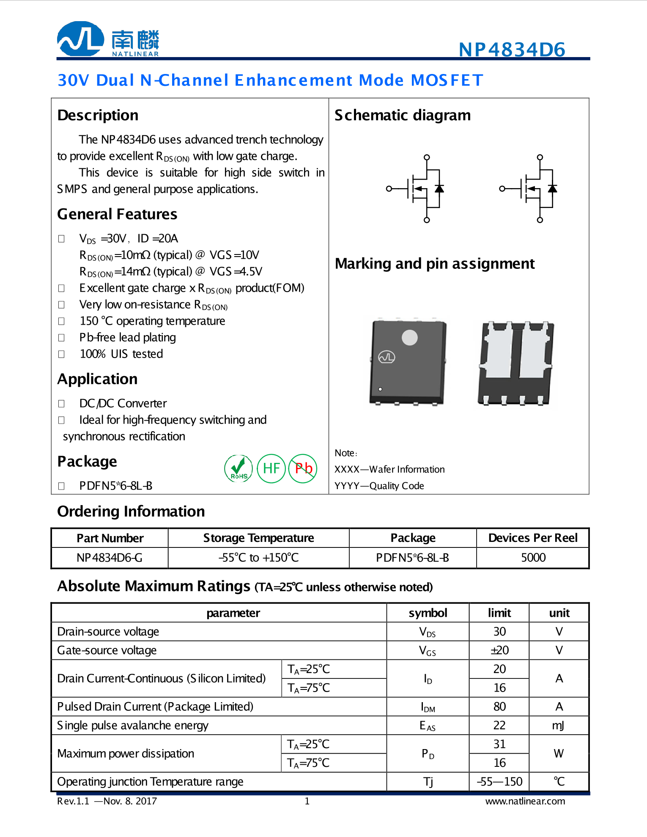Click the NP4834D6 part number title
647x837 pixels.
click(x=512, y=49)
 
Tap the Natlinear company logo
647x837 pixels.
click(x=108, y=39)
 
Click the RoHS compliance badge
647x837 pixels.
click(x=239, y=468)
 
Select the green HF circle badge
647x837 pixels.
click(x=271, y=468)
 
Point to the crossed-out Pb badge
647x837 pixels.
click(x=303, y=468)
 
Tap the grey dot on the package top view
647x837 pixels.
click(x=409, y=337)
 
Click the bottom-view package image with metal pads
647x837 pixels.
click(x=516, y=363)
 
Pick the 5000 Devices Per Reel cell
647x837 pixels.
click(x=533, y=558)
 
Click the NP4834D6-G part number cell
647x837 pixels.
click(x=110, y=558)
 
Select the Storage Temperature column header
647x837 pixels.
click(x=258, y=538)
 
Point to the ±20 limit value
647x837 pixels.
click(x=499, y=650)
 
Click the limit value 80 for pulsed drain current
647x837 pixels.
click(x=499, y=706)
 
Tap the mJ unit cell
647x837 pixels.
click(x=559, y=725)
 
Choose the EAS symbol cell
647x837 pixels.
click(x=428, y=725)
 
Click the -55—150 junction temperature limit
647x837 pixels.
click(x=499, y=782)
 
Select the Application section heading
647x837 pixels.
click(x=98, y=379)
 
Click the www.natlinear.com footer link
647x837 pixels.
click(x=525, y=801)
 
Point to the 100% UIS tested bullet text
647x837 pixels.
click(x=121, y=354)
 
